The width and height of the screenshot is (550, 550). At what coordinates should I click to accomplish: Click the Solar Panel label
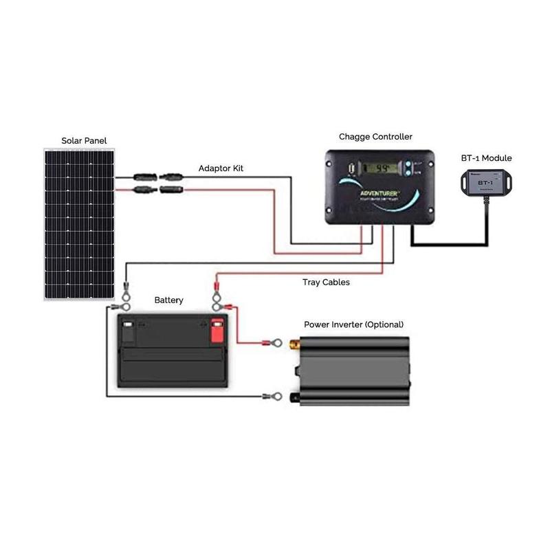(x=84, y=141)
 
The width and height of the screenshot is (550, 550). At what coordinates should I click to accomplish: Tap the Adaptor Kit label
(x=221, y=168)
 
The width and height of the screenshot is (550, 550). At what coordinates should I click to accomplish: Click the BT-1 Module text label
(x=486, y=158)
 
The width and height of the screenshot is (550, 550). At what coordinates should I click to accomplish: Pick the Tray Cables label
(x=326, y=282)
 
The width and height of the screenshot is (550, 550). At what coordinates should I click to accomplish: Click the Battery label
(x=168, y=300)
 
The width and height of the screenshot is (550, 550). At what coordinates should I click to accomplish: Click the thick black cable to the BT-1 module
(x=447, y=243)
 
